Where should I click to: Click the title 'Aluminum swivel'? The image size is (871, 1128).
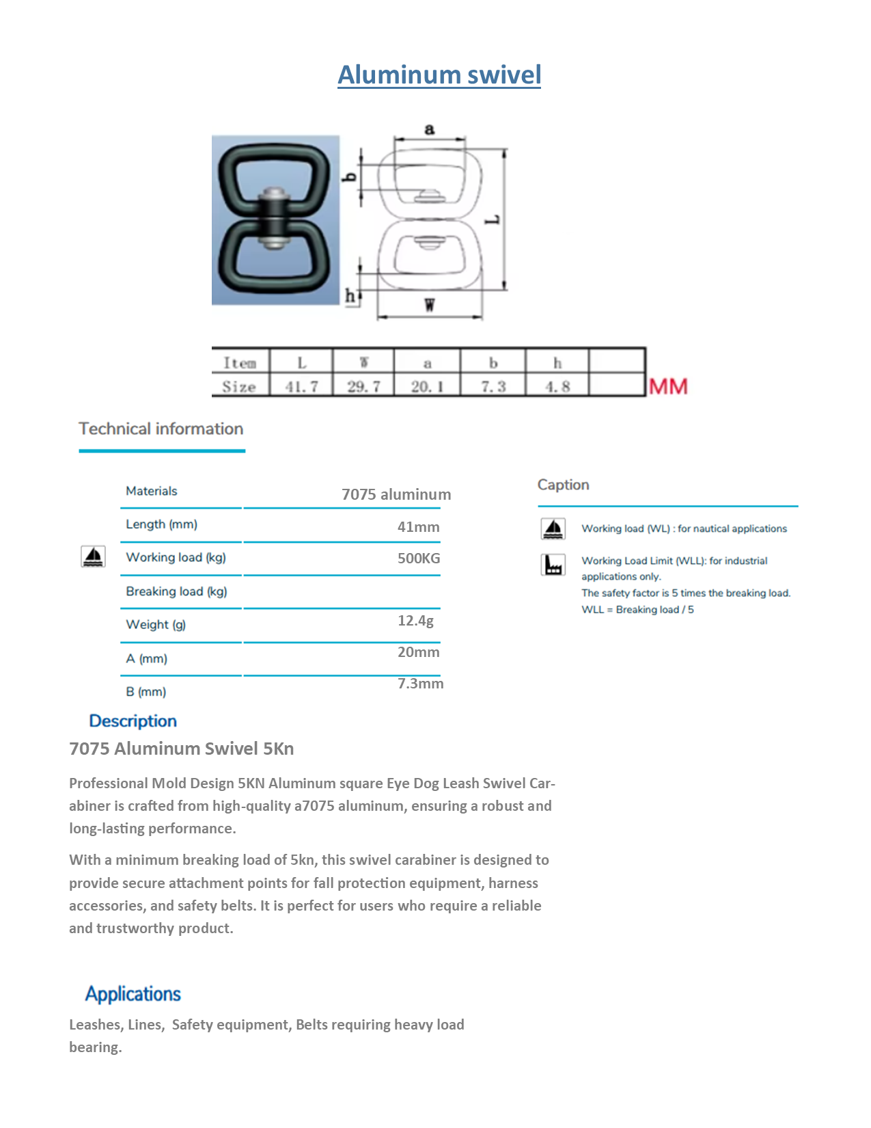(x=439, y=75)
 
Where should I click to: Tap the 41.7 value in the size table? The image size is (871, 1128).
(x=301, y=386)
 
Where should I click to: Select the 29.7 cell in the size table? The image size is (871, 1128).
(x=363, y=386)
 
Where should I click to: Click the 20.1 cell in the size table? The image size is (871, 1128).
(x=427, y=386)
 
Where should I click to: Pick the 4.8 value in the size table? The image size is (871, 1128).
(x=557, y=386)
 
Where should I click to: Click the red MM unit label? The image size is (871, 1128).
(x=668, y=387)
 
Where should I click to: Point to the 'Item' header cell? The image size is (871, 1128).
(x=240, y=363)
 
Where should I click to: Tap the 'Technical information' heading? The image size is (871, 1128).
(x=161, y=429)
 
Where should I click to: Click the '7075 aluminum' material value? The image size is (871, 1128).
(x=396, y=494)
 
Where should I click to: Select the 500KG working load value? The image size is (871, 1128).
(x=419, y=559)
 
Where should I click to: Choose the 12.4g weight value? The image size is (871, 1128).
(x=415, y=621)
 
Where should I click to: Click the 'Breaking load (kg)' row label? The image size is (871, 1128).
(x=176, y=591)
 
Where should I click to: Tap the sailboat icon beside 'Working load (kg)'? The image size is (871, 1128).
(x=93, y=556)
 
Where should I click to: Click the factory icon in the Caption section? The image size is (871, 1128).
(x=553, y=565)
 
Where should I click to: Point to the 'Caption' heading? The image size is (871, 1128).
(x=563, y=485)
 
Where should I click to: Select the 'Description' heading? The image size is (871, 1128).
(x=133, y=721)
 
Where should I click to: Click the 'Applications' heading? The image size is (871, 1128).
(x=133, y=994)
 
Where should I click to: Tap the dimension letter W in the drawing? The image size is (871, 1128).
(x=429, y=306)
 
